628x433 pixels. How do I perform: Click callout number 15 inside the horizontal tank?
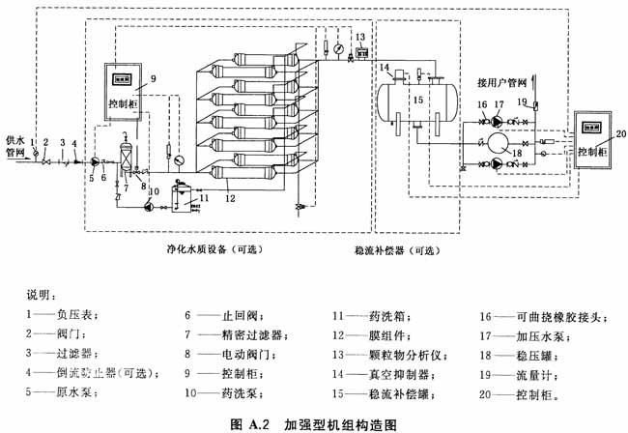[x=418, y=100]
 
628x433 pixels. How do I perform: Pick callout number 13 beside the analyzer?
[x=360, y=38]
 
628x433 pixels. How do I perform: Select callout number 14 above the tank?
[x=385, y=67]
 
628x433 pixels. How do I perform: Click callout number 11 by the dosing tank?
[x=202, y=196]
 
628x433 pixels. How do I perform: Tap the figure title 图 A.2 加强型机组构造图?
[x=315, y=422]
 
